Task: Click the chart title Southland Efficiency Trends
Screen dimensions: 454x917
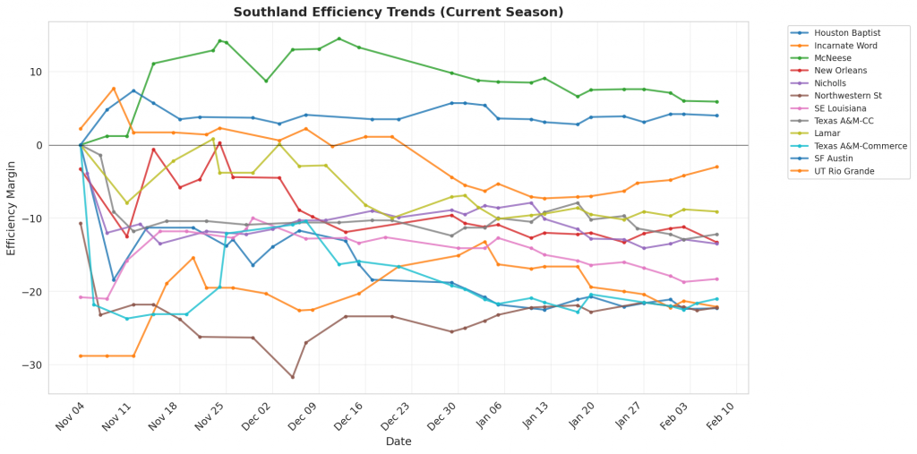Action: tap(399, 13)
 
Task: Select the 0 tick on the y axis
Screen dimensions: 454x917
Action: tap(39, 145)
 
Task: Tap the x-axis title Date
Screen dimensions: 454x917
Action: tap(399, 441)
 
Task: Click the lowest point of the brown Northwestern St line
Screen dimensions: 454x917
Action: tap(292, 377)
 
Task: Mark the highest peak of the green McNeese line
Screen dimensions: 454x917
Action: tap(339, 39)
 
